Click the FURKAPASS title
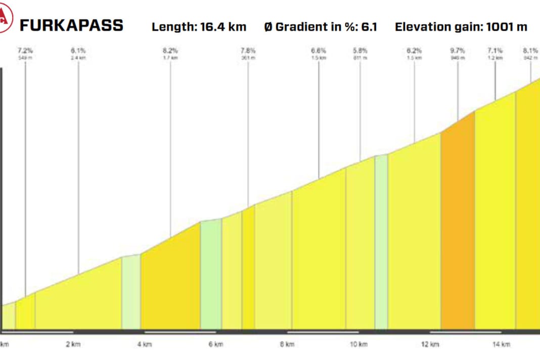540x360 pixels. point(71,26)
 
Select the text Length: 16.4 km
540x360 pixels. point(199,27)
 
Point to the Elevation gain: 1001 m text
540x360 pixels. point(461,27)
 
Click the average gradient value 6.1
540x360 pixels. point(370,27)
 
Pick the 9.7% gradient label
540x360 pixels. point(458,51)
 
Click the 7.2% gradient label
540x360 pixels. point(25,51)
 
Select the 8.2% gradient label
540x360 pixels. point(170,51)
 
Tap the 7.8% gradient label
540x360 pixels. point(248,51)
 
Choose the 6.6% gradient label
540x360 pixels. point(319,51)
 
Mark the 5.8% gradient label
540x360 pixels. point(361,51)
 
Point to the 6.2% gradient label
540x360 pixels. point(414,51)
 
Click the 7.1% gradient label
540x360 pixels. point(495,51)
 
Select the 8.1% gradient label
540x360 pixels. point(530,51)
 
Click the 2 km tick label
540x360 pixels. point(73,345)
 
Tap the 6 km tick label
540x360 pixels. point(216,345)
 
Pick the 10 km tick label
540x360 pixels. point(358,345)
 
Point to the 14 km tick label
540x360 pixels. point(501,345)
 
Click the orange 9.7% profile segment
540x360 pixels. point(458,228)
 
